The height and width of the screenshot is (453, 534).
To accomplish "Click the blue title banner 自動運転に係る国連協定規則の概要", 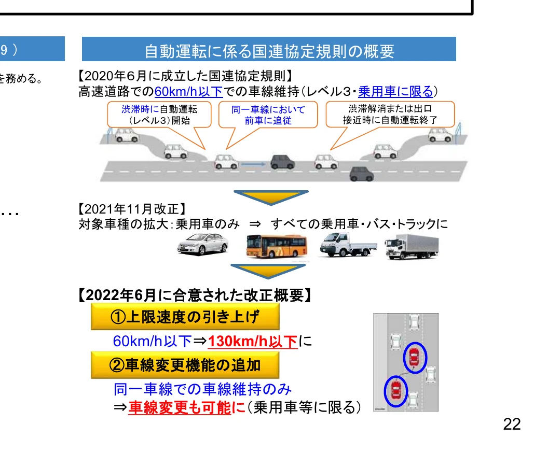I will point(269,51).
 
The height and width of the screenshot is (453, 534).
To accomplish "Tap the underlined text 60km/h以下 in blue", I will point(188,92).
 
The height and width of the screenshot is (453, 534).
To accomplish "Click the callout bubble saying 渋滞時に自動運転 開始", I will point(159,115).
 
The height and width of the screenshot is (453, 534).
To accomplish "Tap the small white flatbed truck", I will point(347,245).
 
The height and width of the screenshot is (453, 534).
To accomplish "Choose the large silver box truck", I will point(412,246).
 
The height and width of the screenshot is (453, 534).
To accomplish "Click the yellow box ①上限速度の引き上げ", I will point(185,317).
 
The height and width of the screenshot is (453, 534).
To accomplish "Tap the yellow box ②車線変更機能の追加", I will point(185,365).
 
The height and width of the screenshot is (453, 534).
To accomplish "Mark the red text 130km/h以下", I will point(253,342).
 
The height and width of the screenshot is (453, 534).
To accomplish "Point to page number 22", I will point(511,424).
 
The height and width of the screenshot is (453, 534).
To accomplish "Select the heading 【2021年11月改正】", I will point(130,210).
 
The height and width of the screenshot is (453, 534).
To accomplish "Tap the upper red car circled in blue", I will point(414,357).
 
